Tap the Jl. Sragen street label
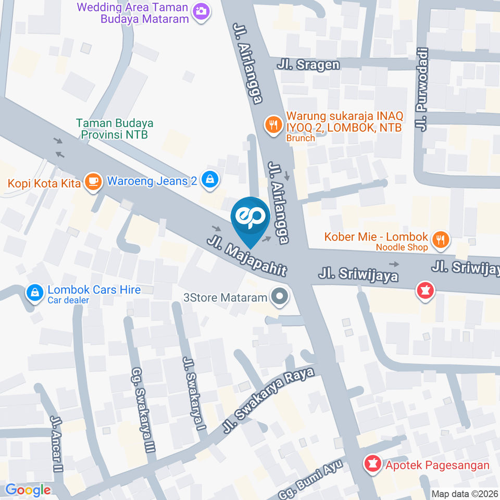coord(308,65)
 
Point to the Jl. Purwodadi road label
coord(422,90)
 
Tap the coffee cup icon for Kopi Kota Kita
coord(93,182)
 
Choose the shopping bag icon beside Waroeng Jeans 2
coord(209,180)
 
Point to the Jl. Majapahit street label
coord(247,256)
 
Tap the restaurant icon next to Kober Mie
coord(441,239)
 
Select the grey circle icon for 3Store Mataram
coord(280,297)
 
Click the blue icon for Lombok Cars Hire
coord(34,293)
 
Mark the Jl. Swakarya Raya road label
coord(268,401)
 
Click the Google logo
coord(28,490)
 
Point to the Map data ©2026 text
coord(465,494)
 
